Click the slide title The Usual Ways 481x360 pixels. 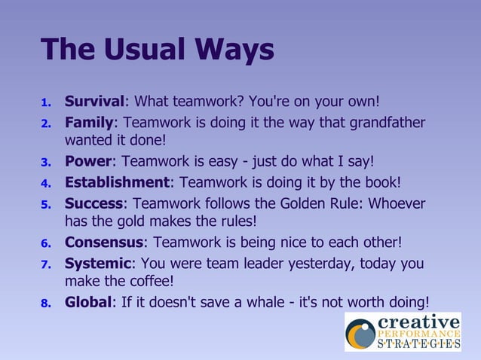(x=158, y=50)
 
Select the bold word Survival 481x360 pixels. (x=94, y=101)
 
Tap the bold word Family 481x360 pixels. (x=89, y=122)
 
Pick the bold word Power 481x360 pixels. (x=87, y=161)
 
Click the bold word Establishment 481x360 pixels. (x=117, y=182)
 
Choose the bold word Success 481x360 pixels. (x=93, y=203)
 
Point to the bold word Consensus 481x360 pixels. (x=103, y=243)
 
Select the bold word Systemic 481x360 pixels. (x=98, y=264)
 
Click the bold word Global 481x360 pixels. (x=87, y=301)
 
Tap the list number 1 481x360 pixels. (x=45, y=102)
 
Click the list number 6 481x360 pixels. (x=45, y=244)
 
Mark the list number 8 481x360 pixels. (x=45, y=303)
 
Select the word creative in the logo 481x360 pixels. (x=418, y=322)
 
